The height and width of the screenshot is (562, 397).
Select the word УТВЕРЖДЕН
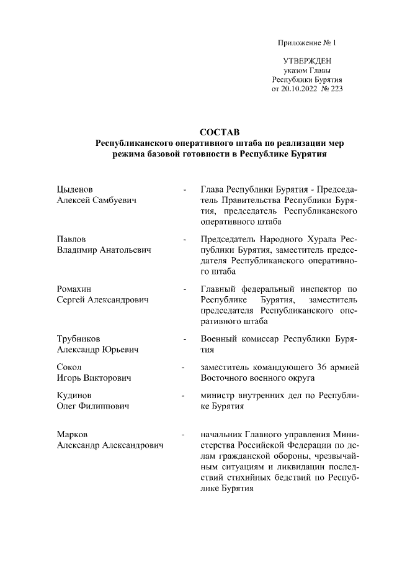[307, 61]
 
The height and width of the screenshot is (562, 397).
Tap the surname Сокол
[68, 367]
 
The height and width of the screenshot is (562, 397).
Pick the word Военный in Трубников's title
[220, 338]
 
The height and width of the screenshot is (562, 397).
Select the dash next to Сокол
[183, 367]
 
